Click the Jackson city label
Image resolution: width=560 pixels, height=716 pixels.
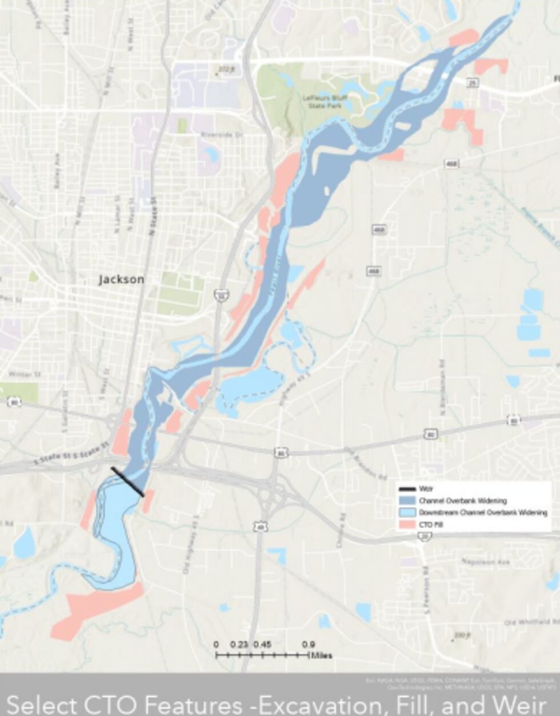[x=121, y=279]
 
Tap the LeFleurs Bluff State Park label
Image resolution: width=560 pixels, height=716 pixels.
[x=325, y=102]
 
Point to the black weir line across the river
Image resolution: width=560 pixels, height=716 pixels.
[x=127, y=482]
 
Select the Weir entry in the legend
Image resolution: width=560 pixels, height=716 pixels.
[x=426, y=489]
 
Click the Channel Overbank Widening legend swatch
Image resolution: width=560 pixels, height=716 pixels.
[x=407, y=501]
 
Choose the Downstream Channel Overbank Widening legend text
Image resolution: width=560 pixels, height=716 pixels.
[x=483, y=513]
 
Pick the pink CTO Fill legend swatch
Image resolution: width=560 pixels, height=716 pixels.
[x=407, y=524]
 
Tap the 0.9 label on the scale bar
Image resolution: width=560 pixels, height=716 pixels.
[x=308, y=645]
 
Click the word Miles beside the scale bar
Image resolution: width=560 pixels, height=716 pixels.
[x=322, y=655]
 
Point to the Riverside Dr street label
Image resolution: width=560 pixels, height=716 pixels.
[x=222, y=135]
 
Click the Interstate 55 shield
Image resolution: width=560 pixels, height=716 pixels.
[x=219, y=295]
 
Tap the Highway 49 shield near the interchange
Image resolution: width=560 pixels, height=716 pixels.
[x=261, y=525]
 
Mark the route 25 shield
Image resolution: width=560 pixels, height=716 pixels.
[x=472, y=83]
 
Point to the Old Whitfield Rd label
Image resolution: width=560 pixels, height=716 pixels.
[x=528, y=622]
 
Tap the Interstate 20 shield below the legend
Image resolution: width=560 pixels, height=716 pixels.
[x=425, y=535]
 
